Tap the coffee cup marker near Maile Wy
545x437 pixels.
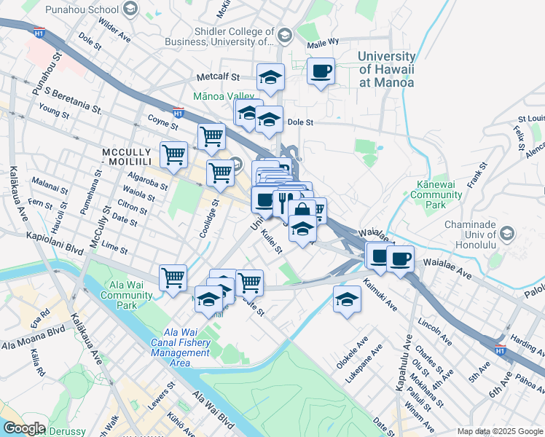321,71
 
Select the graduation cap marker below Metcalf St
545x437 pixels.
270,76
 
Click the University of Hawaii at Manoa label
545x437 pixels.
386,69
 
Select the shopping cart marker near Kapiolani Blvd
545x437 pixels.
173,277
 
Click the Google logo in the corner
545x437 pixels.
23,428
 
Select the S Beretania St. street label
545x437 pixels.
73,99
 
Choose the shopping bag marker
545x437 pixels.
302,211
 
